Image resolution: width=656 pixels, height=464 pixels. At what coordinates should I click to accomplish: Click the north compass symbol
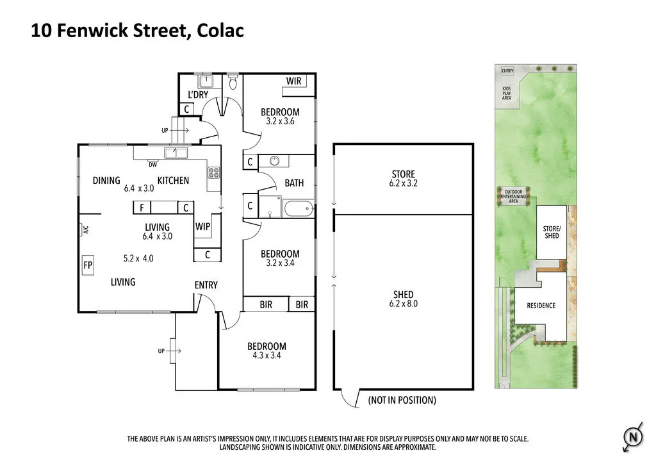632,438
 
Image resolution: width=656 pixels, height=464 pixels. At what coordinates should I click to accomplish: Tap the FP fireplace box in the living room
88,265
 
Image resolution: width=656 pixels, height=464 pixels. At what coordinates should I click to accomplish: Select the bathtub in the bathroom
298,208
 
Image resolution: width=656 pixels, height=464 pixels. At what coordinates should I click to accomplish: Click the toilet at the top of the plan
233,82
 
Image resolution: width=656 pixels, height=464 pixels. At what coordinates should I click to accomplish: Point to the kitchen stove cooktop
213,172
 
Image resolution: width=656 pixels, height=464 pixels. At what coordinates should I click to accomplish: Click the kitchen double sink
175,153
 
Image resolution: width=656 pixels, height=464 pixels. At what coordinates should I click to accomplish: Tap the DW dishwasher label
153,165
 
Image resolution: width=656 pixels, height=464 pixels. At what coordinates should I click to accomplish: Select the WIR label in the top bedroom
294,81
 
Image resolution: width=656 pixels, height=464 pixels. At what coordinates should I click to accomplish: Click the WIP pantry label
203,226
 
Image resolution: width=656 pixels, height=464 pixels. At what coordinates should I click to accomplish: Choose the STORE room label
403,174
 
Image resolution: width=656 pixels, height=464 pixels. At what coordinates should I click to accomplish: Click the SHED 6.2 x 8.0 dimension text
403,304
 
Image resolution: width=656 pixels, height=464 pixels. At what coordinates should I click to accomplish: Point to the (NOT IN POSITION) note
402,400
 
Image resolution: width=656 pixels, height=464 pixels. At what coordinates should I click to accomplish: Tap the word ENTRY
206,285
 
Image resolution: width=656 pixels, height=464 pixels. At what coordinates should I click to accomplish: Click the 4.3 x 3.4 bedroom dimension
266,355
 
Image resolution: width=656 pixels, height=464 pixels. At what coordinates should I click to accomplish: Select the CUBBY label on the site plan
507,71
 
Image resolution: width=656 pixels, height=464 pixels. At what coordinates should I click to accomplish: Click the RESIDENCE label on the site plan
541,306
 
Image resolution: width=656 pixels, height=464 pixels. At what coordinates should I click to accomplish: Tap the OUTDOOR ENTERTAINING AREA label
513,196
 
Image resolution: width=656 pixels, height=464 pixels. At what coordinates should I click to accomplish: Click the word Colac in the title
220,31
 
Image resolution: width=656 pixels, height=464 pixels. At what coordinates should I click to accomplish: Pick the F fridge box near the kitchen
141,208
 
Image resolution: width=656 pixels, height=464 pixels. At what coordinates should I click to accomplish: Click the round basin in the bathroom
275,161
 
